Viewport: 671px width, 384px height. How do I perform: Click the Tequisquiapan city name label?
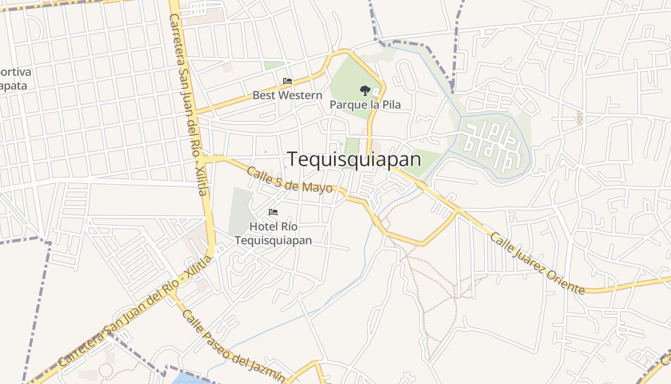click(x=354, y=159)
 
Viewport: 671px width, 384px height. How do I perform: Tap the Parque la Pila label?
click(x=365, y=104)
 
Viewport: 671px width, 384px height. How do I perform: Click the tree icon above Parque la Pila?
click(x=365, y=90)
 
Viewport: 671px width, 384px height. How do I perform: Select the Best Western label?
click(x=287, y=95)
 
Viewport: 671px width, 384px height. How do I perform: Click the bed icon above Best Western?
click(x=287, y=81)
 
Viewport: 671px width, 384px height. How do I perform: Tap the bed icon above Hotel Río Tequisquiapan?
click(x=273, y=212)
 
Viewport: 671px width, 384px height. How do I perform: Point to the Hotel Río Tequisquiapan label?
click(x=273, y=233)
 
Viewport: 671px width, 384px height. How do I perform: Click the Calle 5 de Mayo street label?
click(x=289, y=180)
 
